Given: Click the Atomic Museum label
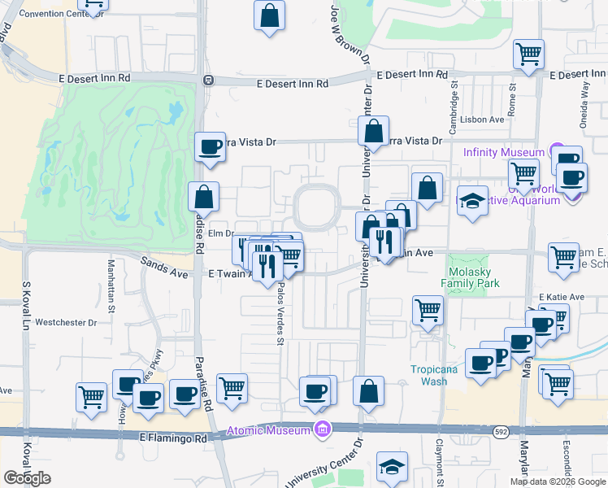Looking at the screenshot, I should tap(269, 429).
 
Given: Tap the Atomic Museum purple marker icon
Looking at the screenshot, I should tap(323, 429).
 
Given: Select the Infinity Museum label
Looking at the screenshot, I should tap(503, 152).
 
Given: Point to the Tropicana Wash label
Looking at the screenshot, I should tap(428, 374).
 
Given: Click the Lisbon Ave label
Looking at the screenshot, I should tap(485, 119).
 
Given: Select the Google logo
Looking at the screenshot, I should tap(28, 478).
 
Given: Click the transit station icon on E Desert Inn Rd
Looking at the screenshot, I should tap(208, 80).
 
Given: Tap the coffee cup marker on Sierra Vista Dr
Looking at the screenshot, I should tap(210, 147).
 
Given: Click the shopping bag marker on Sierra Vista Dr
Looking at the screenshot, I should tap(373, 130).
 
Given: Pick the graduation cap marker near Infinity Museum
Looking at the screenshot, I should tap(471, 201).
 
